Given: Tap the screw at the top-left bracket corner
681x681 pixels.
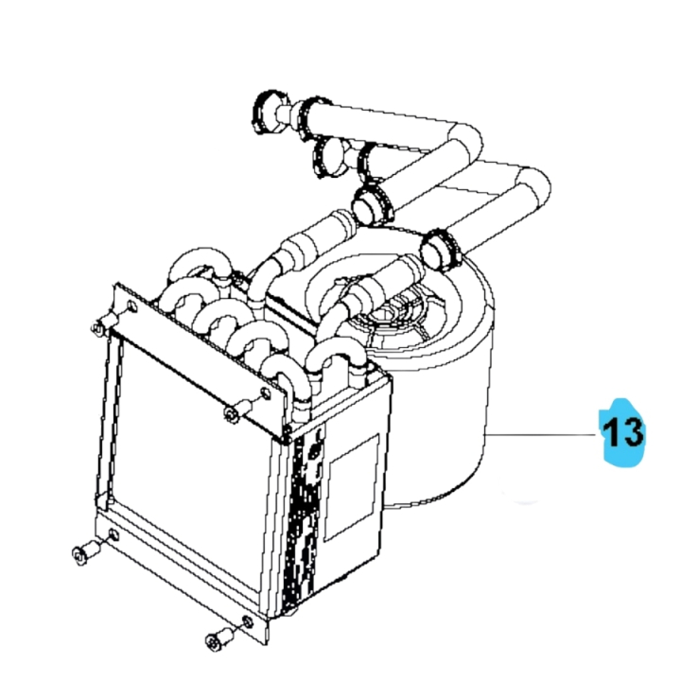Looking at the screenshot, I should (x=98, y=327).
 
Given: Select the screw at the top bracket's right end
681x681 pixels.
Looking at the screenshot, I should (x=235, y=411).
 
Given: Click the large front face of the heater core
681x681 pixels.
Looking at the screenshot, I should (x=189, y=445).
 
